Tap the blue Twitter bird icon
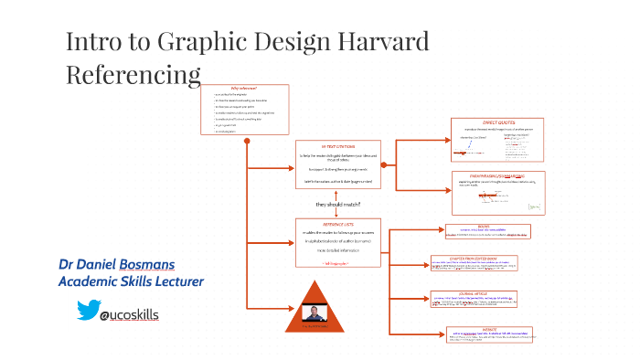tap(86, 312)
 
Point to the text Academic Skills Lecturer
tap(130, 282)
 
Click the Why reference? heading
tap(244, 89)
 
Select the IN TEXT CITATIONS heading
tap(337, 146)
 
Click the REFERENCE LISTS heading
tap(337, 223)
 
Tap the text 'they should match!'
tap(338, 204)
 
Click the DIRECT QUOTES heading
tap(499, 122)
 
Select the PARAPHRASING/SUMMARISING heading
tap(499, 175)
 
